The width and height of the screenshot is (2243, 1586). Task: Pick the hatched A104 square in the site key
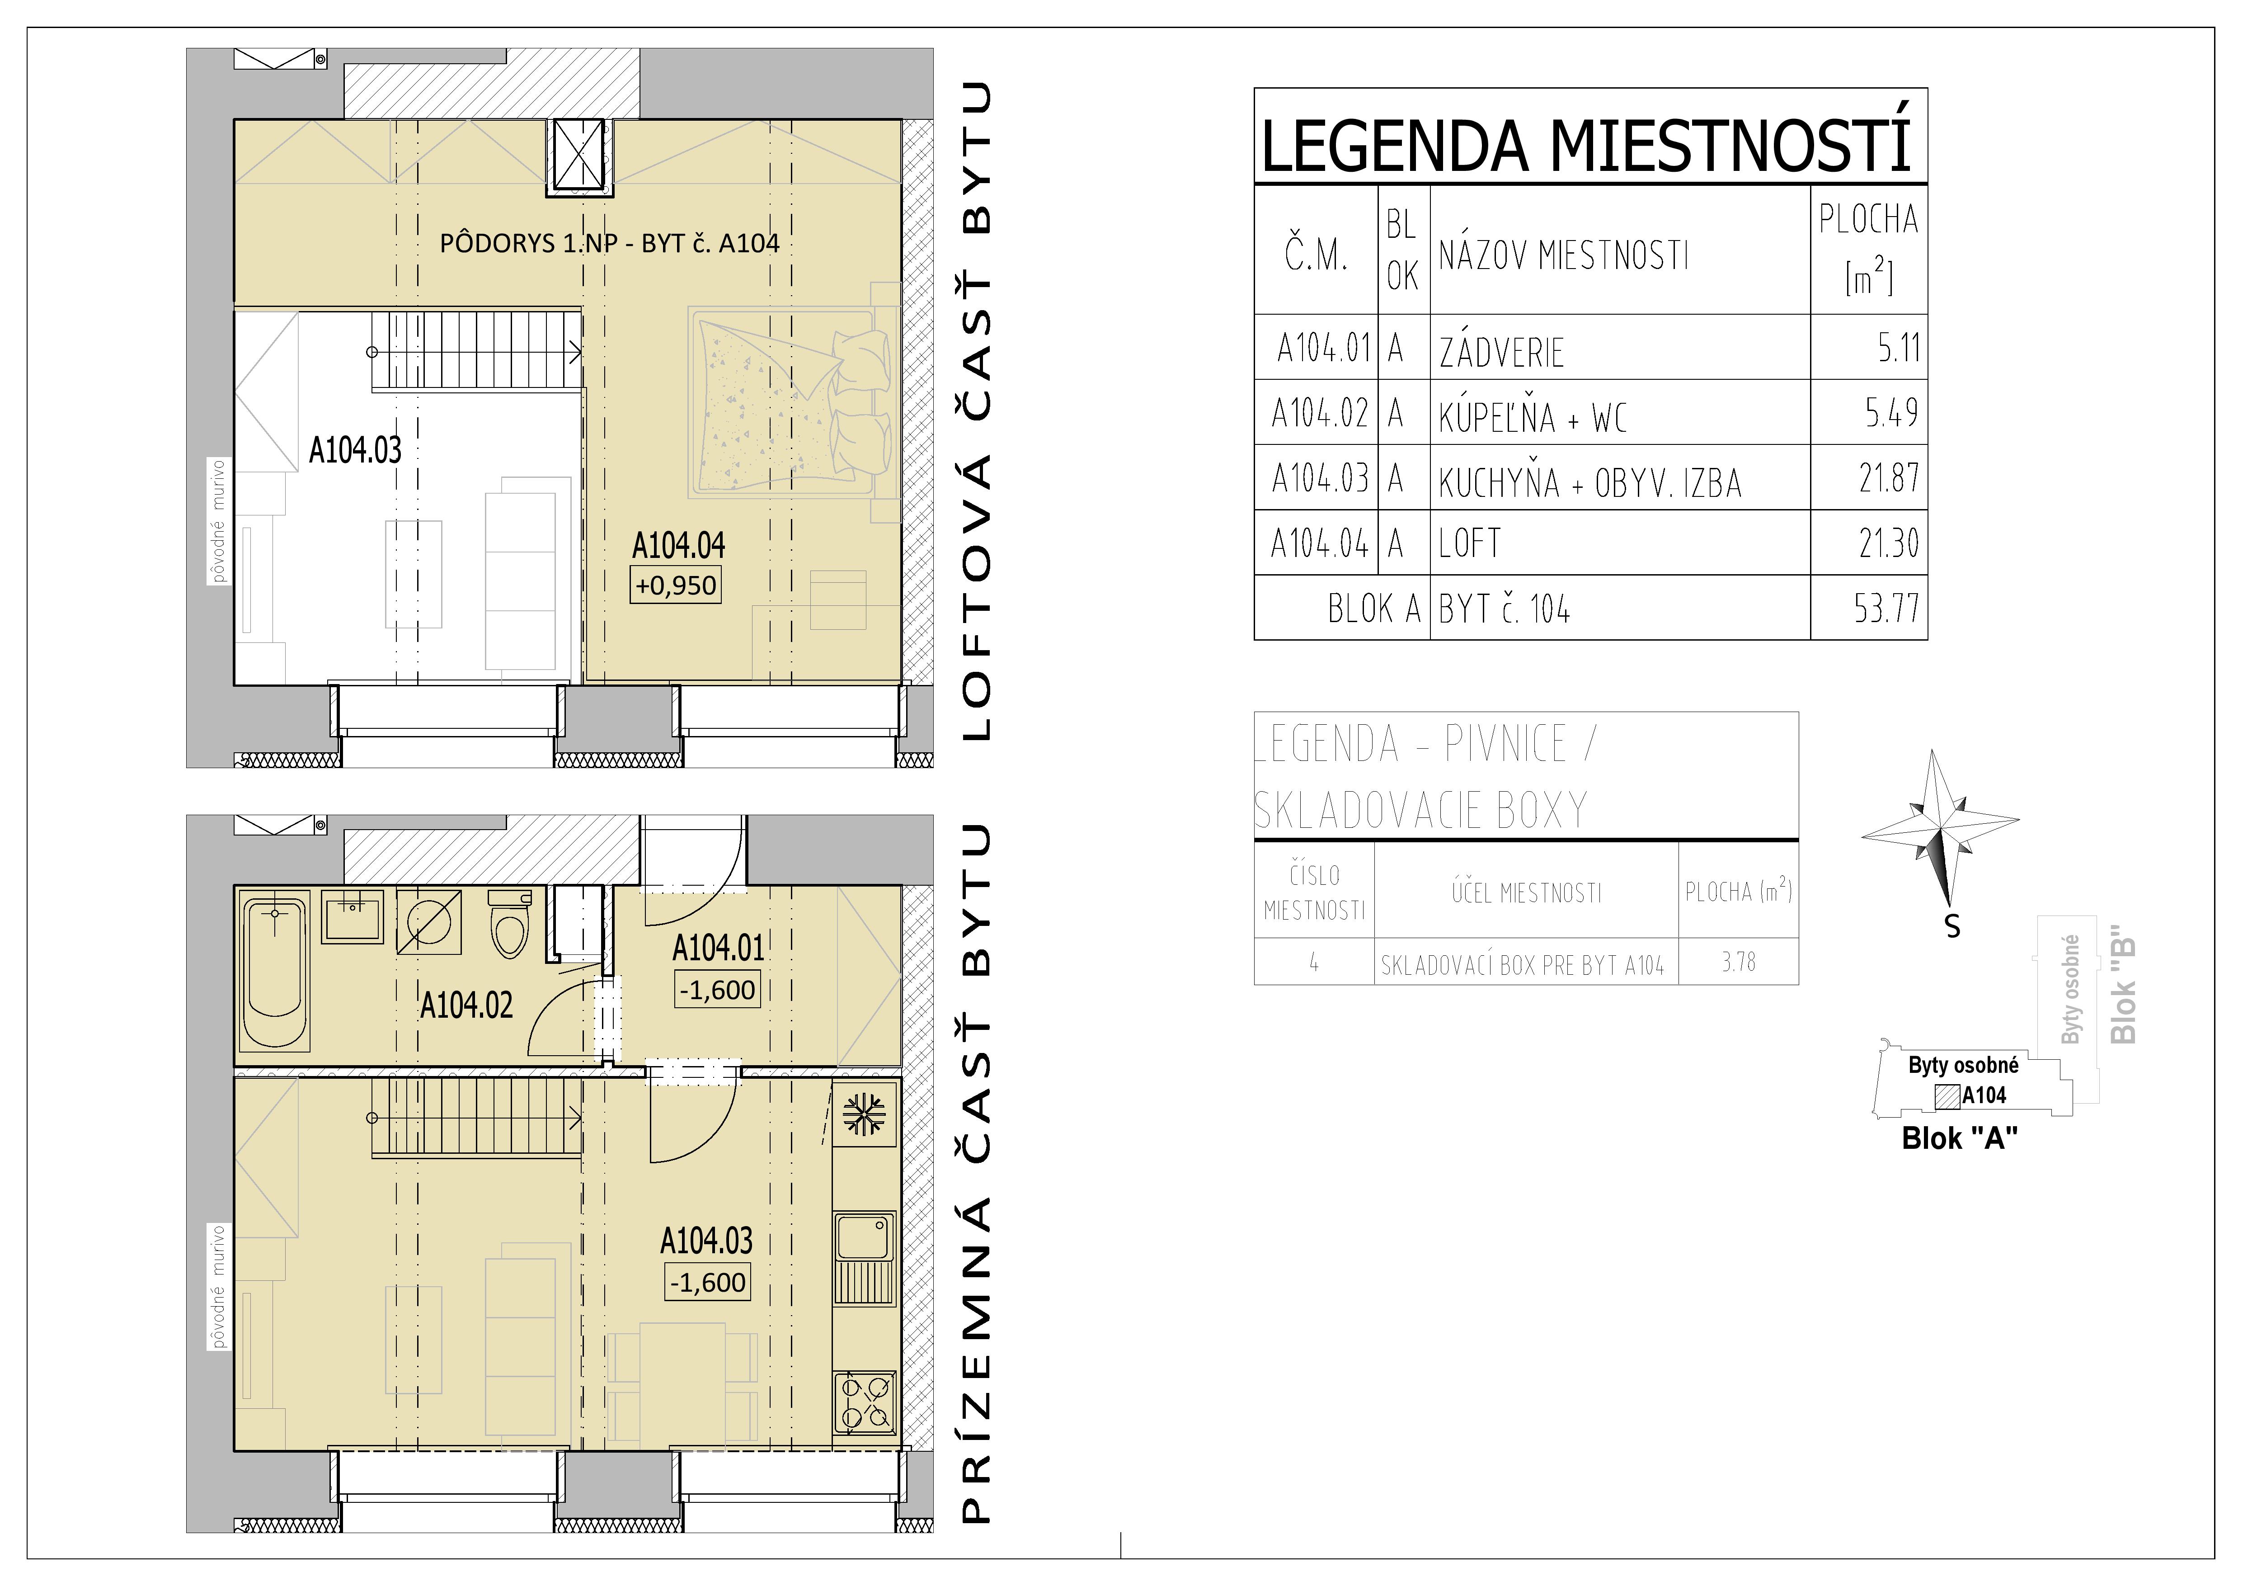(1947, 1095)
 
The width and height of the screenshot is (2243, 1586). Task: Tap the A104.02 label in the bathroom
(466, 1005)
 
